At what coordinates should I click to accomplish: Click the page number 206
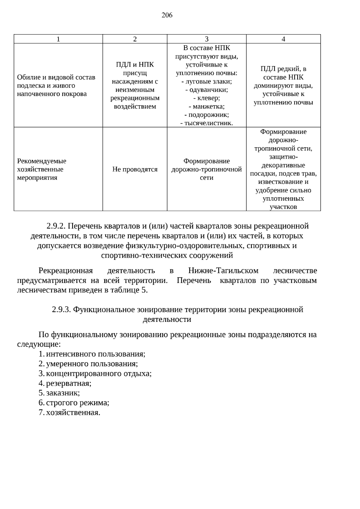pos(167,15)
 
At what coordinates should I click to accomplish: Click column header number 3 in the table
pos(206,39)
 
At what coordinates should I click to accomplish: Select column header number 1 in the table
pos(58,39)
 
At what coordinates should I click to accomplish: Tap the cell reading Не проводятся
pos(135,169)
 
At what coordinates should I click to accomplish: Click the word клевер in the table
pos(208,98)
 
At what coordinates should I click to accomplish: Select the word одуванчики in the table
pos(208,90)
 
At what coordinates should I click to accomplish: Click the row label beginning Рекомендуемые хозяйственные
pos(41,169)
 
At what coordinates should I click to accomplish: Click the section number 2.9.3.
pos(61,310)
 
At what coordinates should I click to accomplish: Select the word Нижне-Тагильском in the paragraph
pos(223,271)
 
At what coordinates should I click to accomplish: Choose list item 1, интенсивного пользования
pos(95,354)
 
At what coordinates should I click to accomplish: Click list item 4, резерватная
pos(69,383)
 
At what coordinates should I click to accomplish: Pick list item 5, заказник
pos(63,393)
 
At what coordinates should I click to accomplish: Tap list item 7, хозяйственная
pos(73,413)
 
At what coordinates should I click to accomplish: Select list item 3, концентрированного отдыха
pos(99,374)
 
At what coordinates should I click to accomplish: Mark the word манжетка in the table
pos(208,106)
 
